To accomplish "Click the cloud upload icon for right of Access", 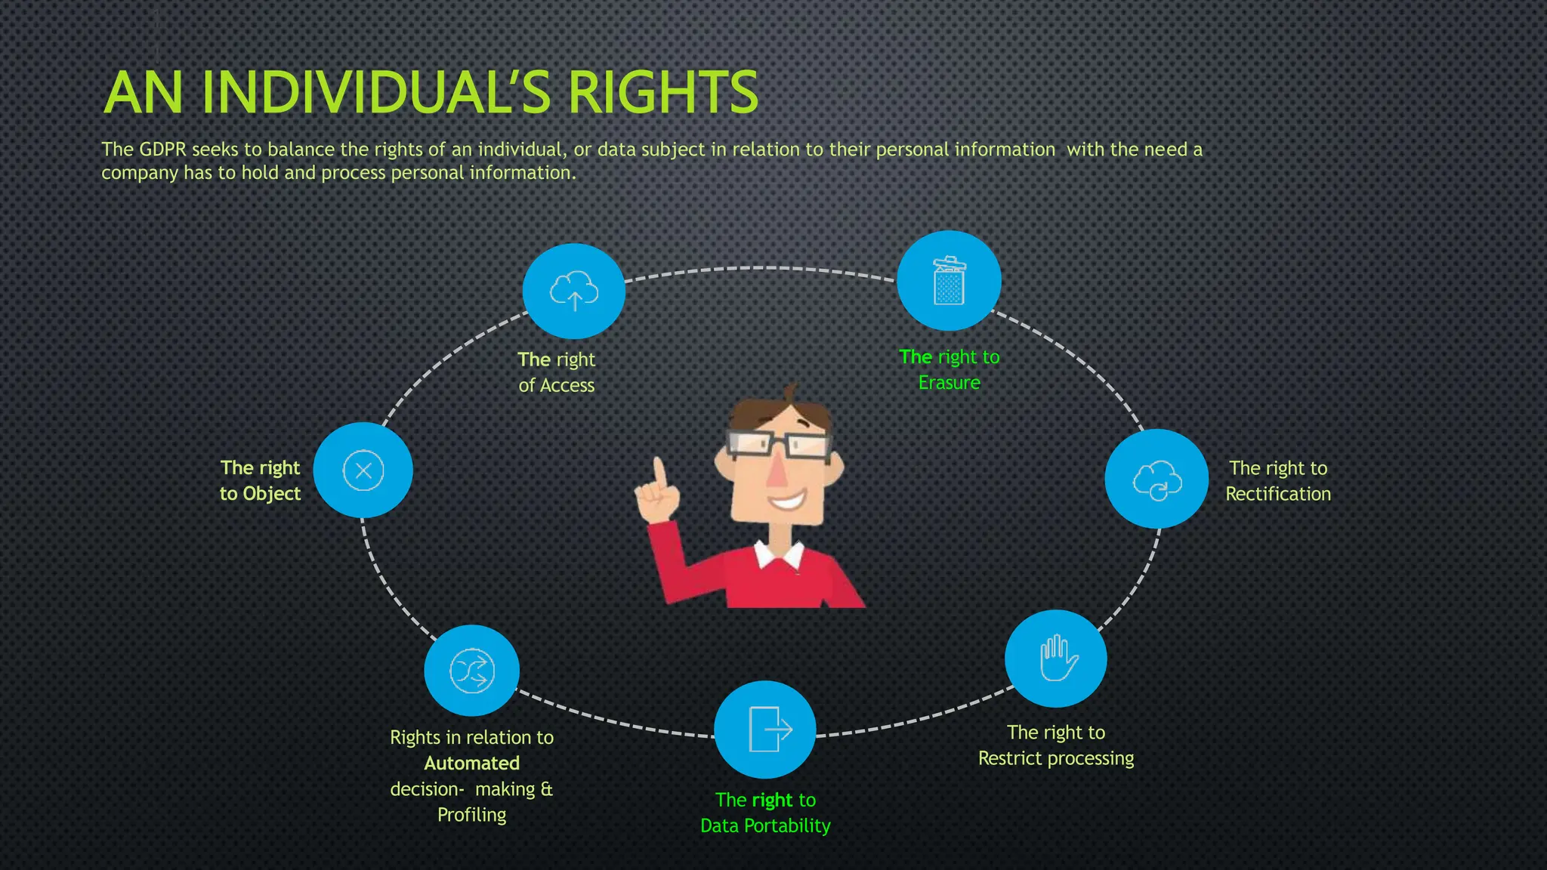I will click(574, 291).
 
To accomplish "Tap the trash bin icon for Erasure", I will click(949, 281).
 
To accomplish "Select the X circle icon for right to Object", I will click(363, 470).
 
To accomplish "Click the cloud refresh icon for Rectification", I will click(1156, 480).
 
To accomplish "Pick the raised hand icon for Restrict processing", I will click(1057, 658).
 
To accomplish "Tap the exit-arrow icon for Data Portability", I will click(766, 730).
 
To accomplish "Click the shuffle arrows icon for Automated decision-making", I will click(472, 671).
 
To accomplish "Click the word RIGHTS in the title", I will click(662, 93).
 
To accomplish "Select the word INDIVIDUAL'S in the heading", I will click(378, 93).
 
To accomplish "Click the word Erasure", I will click(949, 383).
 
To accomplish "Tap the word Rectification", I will click(1278, 494).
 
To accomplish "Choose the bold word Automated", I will click(471, 764).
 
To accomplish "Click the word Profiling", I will click(471, 815).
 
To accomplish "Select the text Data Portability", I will click(765, 825).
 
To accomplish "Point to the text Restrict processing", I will click(1056, 758).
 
